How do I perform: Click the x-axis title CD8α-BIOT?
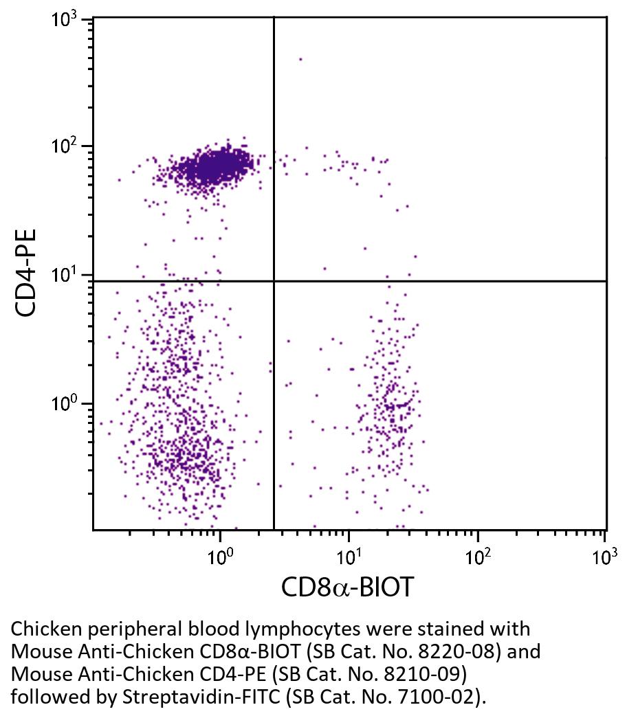pos(348,587)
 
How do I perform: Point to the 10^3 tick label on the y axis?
pos(66,19)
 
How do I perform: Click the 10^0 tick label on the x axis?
pos(220,556)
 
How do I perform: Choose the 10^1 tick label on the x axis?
pos(349,556)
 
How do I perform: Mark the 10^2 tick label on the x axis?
pos(478,556)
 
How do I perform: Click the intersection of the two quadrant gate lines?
pos(274,281)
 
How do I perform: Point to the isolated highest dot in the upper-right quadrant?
pos(300,59)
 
